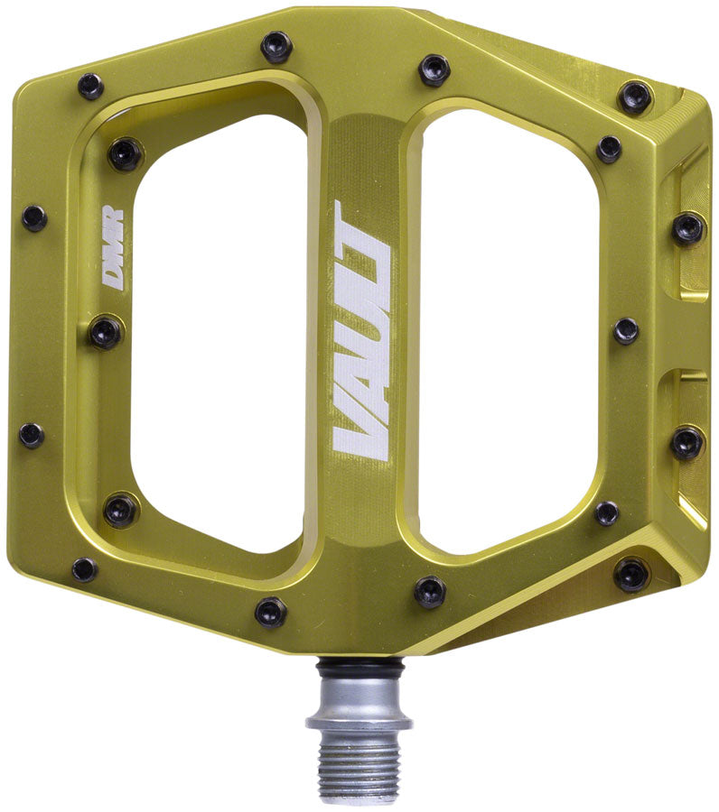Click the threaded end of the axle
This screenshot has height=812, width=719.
click(x=359, y=767)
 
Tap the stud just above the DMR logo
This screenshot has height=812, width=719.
click(x=125, y=153)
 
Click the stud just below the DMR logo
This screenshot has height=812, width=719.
click(x=105, y=332)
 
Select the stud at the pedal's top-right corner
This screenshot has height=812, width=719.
click(x=635, y=97)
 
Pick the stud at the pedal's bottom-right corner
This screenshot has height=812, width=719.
click(x=631, y=573)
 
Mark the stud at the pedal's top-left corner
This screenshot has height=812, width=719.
click(x=90, y=86)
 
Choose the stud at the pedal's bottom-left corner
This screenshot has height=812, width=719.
click(x=85, y=569)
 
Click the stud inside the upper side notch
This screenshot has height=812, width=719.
click(x=688, y=227)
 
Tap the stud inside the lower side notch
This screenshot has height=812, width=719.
click(x=686, y=441)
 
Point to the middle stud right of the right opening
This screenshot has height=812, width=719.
click(x=626, y=331)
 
